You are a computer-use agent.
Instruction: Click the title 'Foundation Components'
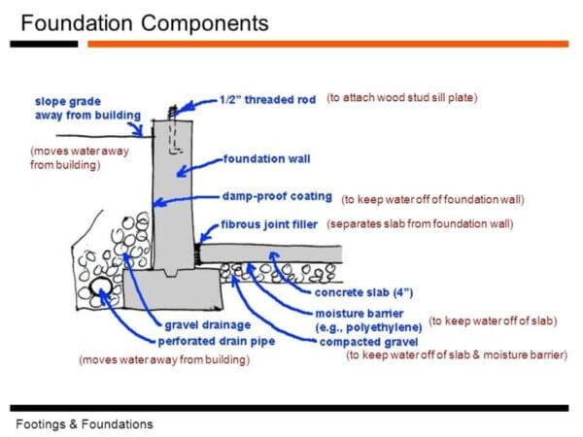145,21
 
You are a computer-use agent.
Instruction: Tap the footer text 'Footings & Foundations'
85,424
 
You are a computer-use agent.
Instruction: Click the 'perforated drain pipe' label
217,341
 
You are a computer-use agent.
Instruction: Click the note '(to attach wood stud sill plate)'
402,98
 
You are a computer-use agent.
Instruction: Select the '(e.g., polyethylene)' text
368,327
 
